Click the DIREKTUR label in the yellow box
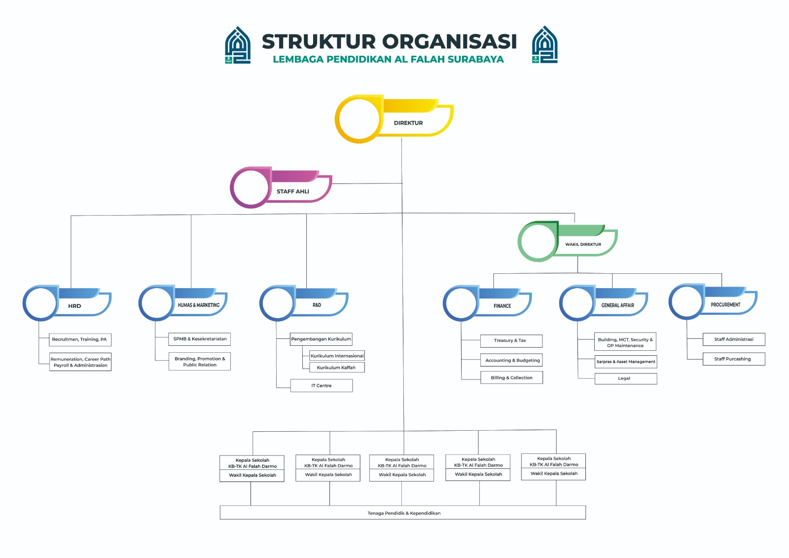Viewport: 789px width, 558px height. click(x=408, y=123)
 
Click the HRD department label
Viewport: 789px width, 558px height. click(x=74, y=306)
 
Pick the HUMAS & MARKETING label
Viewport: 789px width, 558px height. click(x=199, y=305)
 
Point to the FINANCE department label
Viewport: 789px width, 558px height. click(x=502, y=306)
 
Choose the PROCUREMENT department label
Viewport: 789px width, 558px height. click(x=725, y=304)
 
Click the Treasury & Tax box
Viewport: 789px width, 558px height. click(x=511, y=340)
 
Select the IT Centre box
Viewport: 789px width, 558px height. click(x=322, y=385)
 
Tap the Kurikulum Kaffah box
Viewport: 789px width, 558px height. click(x=336, y=368)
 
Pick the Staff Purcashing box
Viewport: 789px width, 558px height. click(x=733, y=359)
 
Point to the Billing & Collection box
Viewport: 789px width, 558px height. click(x=511, y=377)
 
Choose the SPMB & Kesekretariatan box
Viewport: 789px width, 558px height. click(x=200, y=339)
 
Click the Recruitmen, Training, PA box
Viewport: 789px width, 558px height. click(x=80, y=339)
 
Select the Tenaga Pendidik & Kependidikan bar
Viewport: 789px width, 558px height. click(x=403, y=513)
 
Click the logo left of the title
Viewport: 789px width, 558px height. click(x=238, y=45)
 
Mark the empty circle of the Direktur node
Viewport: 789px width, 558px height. click(x=359, y=119)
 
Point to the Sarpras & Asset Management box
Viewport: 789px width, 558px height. click(x=626, y=362)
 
